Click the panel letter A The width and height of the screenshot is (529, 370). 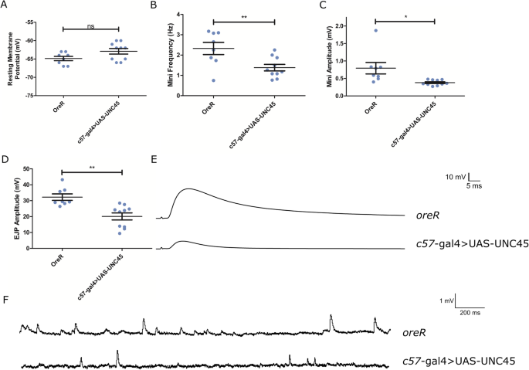[x=6, y=7]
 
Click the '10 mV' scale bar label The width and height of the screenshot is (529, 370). [x=456, y=176]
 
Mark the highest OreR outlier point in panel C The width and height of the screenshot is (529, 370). [x=375, y=30]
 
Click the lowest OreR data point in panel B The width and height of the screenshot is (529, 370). [x=213, y=80]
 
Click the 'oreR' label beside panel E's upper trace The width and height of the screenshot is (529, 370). [x=427, y=219]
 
